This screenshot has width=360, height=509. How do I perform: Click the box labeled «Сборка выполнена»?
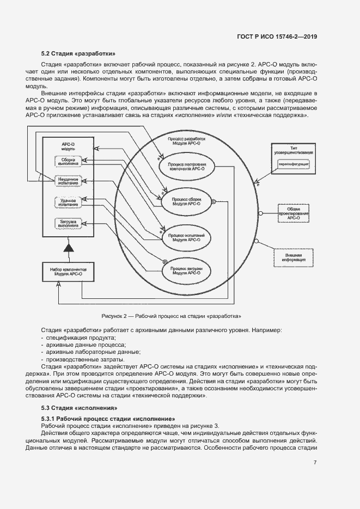[69, 161]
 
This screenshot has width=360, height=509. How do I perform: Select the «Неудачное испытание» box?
[69, 181]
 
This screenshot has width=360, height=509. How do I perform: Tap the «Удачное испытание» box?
[69, 202]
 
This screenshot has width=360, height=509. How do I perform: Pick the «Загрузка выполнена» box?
[69, 223]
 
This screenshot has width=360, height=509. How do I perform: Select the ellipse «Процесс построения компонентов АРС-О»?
[187, 166]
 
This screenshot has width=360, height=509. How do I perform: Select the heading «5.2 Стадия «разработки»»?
[78, 54]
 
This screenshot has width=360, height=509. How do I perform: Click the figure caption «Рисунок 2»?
[171, 316]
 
